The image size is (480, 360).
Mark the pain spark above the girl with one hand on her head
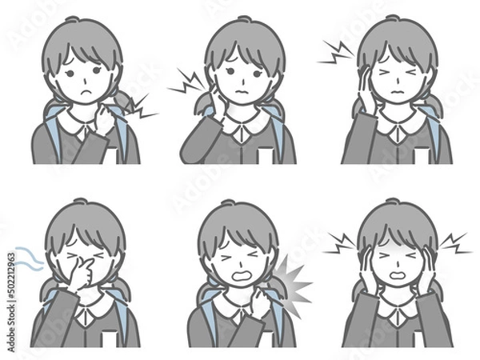coord(336,52)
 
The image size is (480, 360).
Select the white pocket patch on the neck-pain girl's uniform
coord(264,154)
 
